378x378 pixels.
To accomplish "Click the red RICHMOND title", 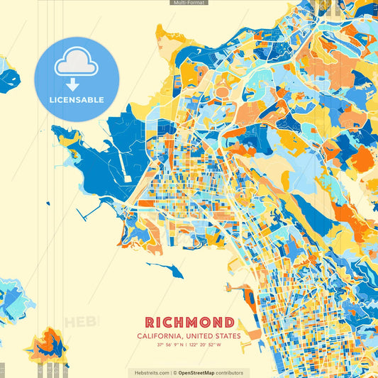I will point(189,323).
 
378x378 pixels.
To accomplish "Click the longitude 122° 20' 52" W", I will point(206,345).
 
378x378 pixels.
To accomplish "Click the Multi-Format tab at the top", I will point(189,3).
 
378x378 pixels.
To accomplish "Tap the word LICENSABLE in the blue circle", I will point(77,100).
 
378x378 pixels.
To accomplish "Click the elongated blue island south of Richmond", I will point(166,269).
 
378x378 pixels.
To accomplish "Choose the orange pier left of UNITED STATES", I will point(241,291).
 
